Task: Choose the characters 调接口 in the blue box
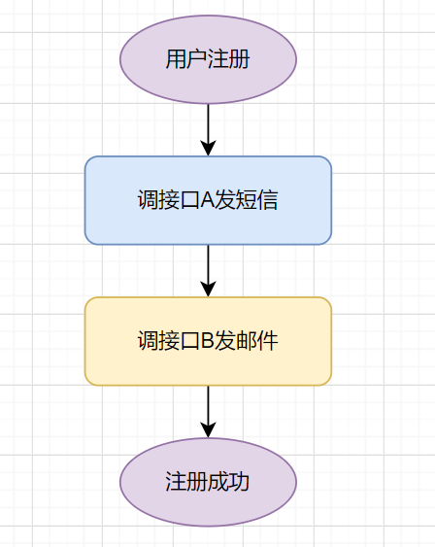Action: click(x=168, y=201)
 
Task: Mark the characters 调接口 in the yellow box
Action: click(x=168, y=342)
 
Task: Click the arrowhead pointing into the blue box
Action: click(x=208, y=148)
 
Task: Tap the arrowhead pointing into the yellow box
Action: click(x=208, y=289)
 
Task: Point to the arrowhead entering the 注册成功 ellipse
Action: click(x=208, y=429)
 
